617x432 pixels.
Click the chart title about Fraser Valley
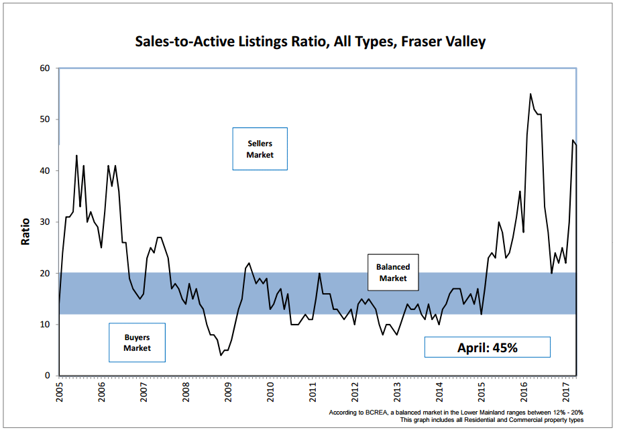click(310, 42)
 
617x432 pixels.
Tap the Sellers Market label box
click(260, 149)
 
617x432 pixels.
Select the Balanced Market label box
click(393, 272)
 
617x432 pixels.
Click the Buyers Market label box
click(137, 343)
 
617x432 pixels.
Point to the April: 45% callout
click(487, 347)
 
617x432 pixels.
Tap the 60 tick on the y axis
click(45, 68)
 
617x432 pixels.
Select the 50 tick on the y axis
click(45, 119)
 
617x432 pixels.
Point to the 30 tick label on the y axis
click(45, 222)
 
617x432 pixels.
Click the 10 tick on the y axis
click(45, 325)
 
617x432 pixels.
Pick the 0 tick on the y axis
click(48, 376)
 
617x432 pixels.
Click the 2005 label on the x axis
click(59, 392)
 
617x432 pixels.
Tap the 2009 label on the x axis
click(228, 392)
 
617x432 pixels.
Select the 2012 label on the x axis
click(355, 392)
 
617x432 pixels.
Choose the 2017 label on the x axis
click(566, 392)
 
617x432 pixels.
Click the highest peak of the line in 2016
click(530, 94)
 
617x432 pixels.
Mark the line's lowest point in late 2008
click(221, 355)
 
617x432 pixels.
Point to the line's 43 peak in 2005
click(76, 156)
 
